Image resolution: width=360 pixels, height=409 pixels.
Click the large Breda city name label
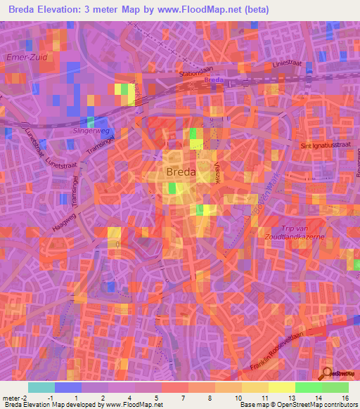[182, 172]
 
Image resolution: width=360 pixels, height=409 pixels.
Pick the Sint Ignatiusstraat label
[325, 145]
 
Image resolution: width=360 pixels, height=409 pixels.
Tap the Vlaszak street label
[217, 171]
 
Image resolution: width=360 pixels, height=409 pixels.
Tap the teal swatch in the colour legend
[41, 387]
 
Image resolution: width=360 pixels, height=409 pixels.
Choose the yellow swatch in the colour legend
[282, 387]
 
